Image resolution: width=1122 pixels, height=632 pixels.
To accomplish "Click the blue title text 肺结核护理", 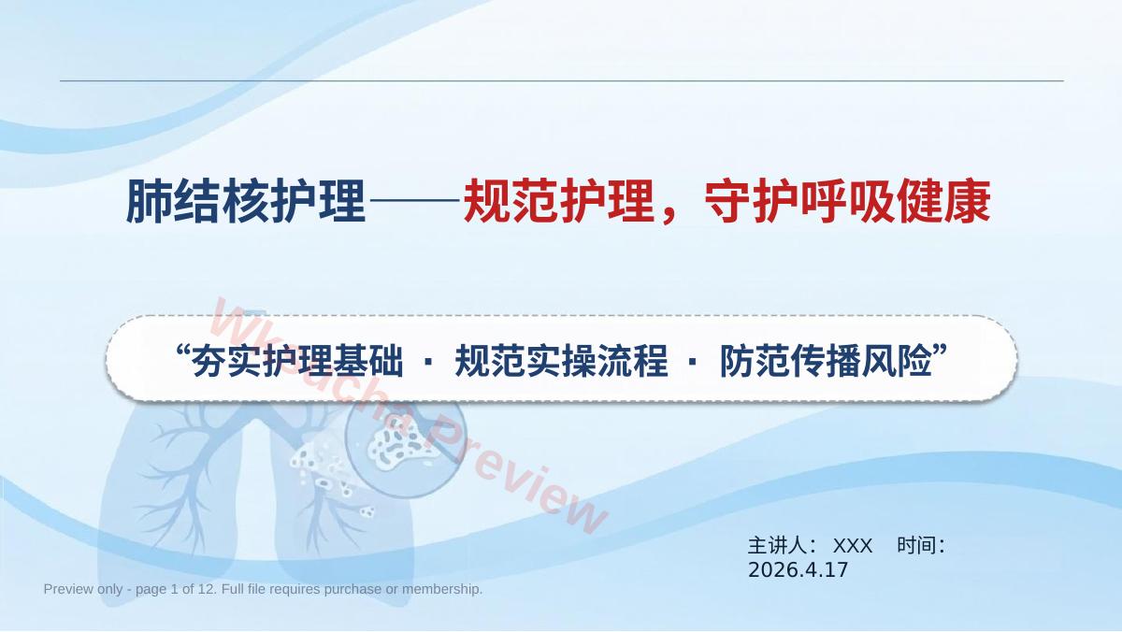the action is tap(245, 201).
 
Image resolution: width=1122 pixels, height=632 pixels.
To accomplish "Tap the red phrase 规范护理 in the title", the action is tap(559, 201).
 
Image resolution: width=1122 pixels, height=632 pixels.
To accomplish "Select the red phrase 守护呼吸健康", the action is tap(847, 201).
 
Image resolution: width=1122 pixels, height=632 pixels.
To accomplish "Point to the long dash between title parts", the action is tap(414, 200).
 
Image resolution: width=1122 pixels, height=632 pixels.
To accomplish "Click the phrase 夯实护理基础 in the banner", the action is tap(297, 361).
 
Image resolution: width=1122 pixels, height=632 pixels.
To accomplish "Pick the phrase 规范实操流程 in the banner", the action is tap(561, 361).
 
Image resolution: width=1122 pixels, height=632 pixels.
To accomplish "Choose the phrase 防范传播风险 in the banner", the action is tap(826, 361).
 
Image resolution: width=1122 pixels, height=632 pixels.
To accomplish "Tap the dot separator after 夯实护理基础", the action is tap(429, 361).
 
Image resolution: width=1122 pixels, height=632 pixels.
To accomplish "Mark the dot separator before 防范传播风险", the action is tap(693, 361).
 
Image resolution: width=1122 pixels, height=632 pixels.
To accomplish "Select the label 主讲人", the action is tap(776, 546).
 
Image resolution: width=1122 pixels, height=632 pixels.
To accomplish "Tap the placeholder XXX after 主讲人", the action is tap(853, 546).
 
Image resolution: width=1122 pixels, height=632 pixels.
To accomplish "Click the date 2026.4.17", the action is tap(798, 570).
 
